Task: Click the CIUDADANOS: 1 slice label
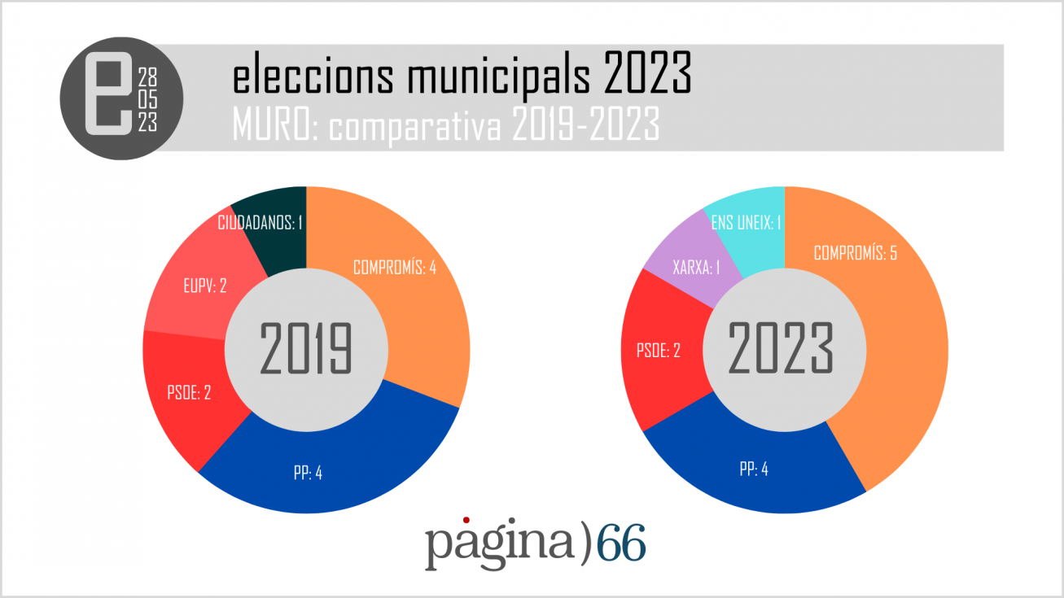point(261,223)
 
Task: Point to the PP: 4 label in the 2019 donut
point(308,473)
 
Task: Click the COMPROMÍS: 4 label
point(394,268)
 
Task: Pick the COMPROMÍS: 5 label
point(856,253)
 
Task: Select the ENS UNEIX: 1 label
point(747,222)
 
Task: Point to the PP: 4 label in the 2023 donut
point(753,469)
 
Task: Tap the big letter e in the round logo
point(108,96)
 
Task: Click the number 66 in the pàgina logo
point(621,543)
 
